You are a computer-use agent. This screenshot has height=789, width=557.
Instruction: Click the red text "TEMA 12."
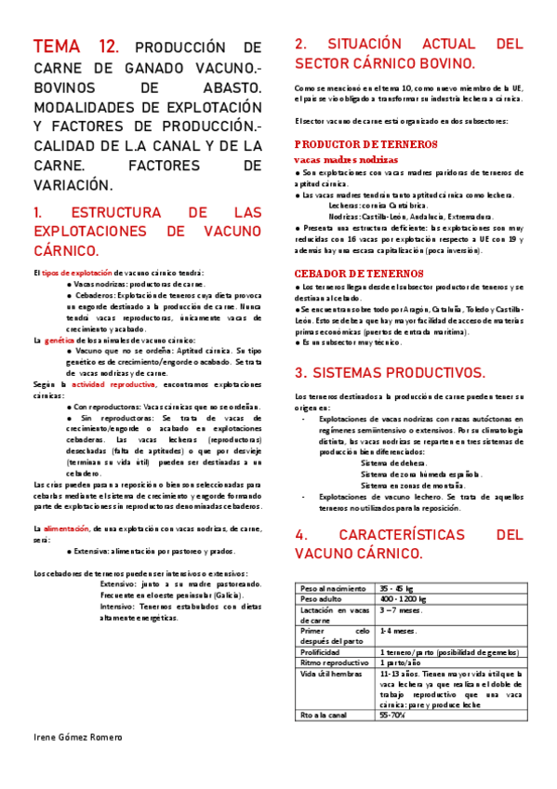[76, 47]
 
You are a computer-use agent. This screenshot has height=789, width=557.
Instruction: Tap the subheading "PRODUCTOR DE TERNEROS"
[365, 144]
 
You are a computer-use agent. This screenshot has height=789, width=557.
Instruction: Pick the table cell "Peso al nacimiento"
[332, 589]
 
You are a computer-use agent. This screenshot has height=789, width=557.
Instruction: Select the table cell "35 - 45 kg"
[399, 589]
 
